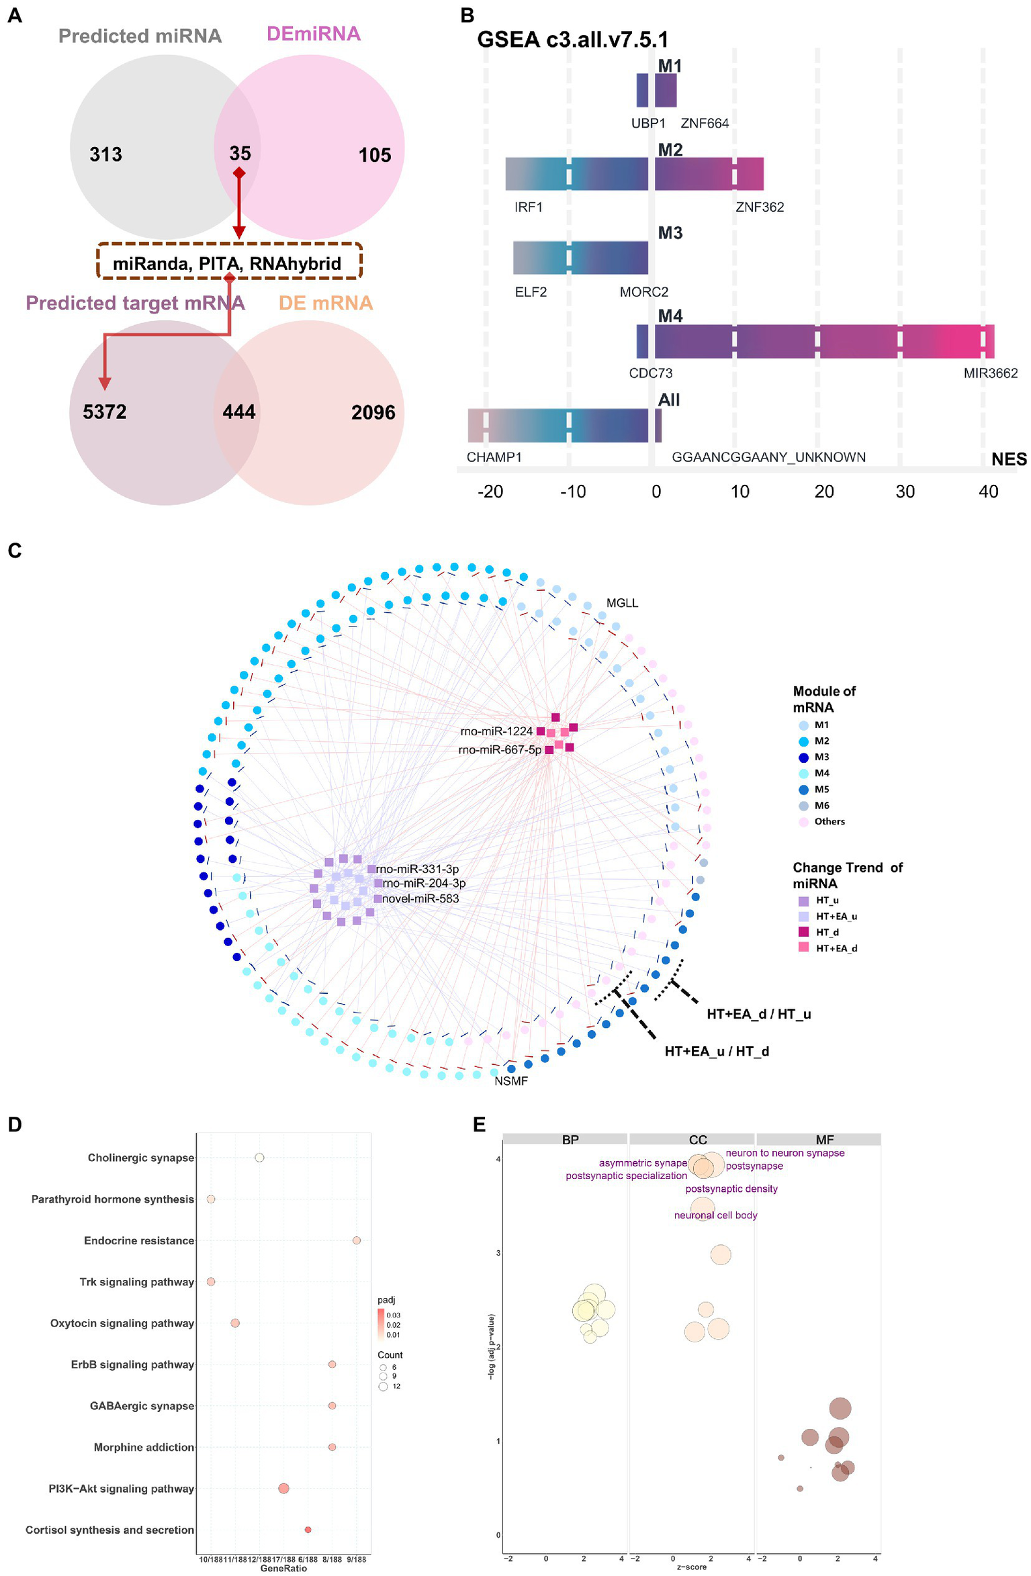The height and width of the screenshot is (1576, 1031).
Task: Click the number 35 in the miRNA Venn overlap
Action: pyautogui.click(x=240, y=153)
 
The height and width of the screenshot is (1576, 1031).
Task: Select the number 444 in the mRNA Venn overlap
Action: pyautogui.click(x=238, y=412)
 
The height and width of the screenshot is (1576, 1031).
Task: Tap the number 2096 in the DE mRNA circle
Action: pyautogui.click(x=373, y=412)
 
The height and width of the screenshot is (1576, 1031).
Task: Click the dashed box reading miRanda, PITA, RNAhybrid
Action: pyautogui.click(x=228, y=263)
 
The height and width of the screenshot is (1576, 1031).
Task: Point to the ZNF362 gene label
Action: pyautogui.click(x=759, y=207)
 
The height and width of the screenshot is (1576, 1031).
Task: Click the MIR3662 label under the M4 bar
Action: pyautogui.click(x=989, y=373)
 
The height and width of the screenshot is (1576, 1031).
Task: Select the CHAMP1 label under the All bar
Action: pyautogui.click(x=494, y=457)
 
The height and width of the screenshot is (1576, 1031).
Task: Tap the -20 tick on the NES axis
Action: pyautogui.click(x=490, y=492)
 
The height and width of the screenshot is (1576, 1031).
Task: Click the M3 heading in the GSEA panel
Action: pyautogui.click(x=670, y=233)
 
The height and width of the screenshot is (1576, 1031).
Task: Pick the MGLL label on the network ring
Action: pyautogui.click(x=622, y=603)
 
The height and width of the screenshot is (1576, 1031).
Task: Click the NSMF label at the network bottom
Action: pyautogui.click(x=510, y=1081)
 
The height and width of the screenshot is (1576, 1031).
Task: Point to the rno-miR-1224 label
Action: pyautogui.click(x=496, y=731)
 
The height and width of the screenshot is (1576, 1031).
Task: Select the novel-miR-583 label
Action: pyautogui.click(x=420, y=898)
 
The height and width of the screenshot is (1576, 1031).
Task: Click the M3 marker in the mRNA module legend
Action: pyautogui.click(x=803, y=757)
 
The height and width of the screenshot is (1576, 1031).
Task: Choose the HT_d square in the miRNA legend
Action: pyautogui.click(x=803, y=932)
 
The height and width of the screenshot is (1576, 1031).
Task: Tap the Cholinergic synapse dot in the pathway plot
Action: pyautogui.click(x=259, y=1158)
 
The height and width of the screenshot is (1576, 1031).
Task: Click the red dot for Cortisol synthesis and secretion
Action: pyautogui.click(x=308, y=1530)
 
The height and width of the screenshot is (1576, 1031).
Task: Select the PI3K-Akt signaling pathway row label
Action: pyautogui.click(x=121, y=1489)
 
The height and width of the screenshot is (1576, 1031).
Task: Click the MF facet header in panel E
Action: pyautogui.click(x=824, y=1140)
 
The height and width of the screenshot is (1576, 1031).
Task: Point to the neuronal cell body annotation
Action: pyautogui.click(x=715, y=1215)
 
